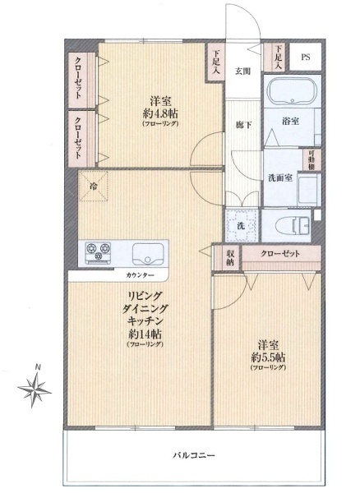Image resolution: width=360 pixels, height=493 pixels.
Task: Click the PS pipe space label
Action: point(305,58)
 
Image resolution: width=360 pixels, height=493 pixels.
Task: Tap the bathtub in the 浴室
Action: point(292,90)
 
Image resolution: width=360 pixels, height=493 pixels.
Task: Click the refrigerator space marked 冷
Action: point(94,186)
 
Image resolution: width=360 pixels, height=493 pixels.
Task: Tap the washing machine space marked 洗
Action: point(241,225)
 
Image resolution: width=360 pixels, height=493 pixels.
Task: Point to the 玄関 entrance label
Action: point(243,71)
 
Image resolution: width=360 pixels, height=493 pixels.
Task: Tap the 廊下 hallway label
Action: point(243,125)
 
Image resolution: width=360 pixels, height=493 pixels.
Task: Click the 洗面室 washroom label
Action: point(280,178)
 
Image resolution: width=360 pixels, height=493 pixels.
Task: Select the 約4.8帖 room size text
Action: point(160,112)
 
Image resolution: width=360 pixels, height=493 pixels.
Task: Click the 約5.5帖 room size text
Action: point(268,357)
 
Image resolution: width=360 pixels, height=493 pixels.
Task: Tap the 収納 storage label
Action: point(230,257)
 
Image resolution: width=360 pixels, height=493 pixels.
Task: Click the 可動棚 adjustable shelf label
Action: point(312,160)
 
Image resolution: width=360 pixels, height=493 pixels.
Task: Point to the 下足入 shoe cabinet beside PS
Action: point(278,58)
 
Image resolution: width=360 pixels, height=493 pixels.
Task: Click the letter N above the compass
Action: point(38,367)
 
